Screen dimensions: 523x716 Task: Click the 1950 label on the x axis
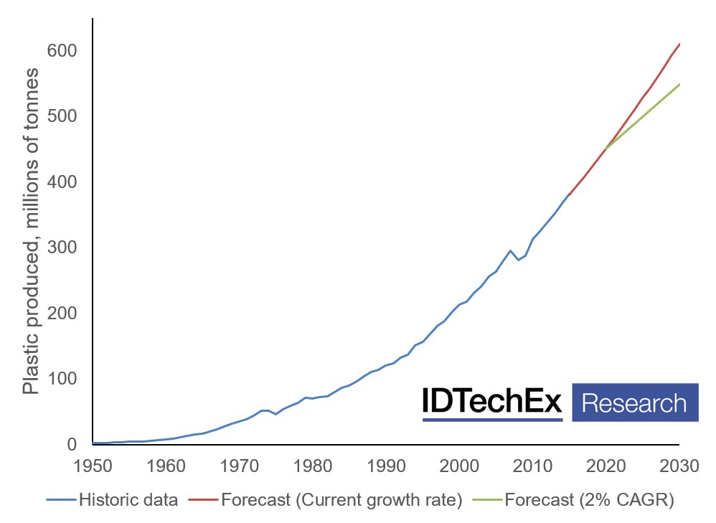click(x=93, y=466)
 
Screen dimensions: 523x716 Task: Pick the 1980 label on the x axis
click(x=312, y=466)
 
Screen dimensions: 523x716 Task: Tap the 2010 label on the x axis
click(x=532, y=466)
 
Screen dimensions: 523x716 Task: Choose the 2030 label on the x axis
click(x=679, y=466)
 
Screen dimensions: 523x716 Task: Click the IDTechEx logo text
click(x=492, y=402)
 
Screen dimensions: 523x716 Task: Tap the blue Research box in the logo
click(x=635, y=402)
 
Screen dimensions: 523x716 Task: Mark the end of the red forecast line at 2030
click(x=679, y=44)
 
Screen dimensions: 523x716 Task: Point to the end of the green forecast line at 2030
click(x=679, y=84)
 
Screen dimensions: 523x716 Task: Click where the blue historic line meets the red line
click(x=569, y=194)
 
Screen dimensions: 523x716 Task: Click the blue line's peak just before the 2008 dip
click(x=510, y=250)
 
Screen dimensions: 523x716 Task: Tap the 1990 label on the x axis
click(x=385, y=466)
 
